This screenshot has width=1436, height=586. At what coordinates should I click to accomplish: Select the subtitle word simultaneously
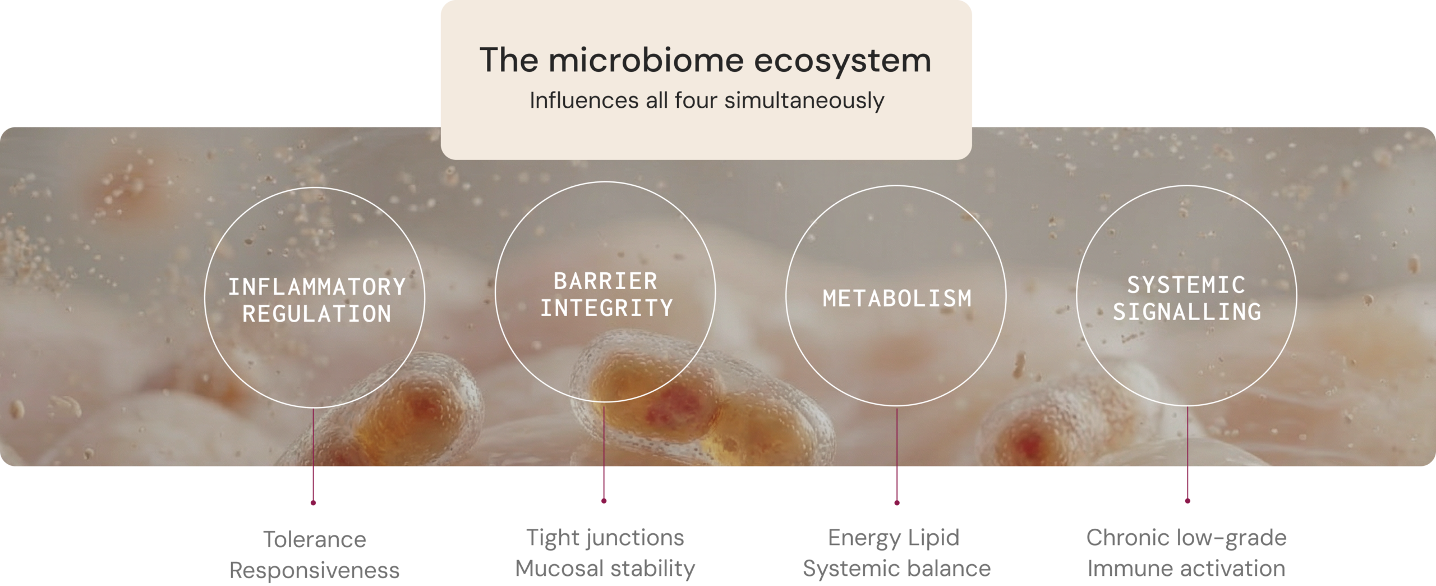(804, 101)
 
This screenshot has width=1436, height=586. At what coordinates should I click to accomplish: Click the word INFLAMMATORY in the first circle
(317, 287)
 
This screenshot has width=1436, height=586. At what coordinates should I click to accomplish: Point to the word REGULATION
(317, 314)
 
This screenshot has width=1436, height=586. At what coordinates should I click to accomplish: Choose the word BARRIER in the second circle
(605, 281)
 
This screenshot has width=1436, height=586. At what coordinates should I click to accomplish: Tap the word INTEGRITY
(606, 308)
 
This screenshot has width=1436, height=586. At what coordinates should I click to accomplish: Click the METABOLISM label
(897, 298)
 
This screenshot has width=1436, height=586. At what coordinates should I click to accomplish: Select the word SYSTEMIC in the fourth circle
(1186, 285)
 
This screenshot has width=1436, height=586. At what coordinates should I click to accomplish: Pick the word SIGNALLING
(1187, 312)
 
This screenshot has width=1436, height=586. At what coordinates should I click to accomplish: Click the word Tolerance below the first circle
(315, 539)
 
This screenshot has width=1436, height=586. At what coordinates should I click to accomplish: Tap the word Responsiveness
(315, 570)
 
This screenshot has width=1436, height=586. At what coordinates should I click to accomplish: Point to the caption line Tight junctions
(605, 538)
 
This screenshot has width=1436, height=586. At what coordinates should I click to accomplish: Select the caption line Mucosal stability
(605, 569)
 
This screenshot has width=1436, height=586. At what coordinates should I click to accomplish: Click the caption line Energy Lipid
(894, 538)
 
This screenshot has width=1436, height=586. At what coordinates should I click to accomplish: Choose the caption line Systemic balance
(897, 569)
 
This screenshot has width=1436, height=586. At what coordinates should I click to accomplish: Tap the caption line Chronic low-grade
(1186, 538)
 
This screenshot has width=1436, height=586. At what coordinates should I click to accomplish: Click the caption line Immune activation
(1186, 569)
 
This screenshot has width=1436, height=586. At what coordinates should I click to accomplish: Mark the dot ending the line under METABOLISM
(897, 503)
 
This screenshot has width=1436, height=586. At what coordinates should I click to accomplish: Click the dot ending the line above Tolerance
(313, 503)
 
